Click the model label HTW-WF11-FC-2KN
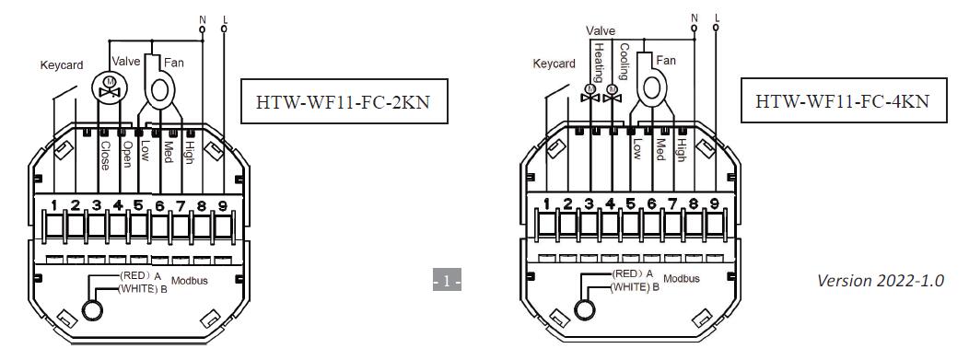tap(343, 101)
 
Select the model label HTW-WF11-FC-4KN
tap(843, 100)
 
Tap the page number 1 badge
tap(447, 281)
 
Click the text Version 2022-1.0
tap(881, 280)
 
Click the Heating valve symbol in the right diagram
tap(590, 94)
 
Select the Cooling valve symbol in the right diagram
tap(613, 94)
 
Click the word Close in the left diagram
tap(105, 157)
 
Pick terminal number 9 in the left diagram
tap(223, 204)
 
